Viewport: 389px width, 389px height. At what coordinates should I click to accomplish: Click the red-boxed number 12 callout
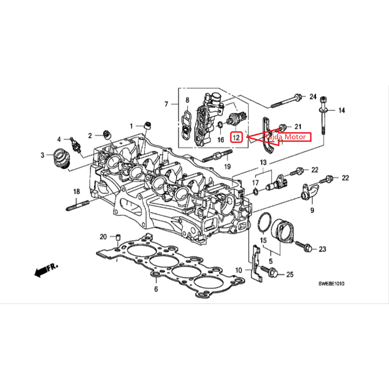236,137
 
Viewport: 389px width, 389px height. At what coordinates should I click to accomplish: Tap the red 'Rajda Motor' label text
285,137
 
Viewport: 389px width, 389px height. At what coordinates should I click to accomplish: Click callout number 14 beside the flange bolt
342,111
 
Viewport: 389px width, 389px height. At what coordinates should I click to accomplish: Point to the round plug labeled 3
61,158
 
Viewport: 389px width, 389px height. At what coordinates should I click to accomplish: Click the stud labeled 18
77,206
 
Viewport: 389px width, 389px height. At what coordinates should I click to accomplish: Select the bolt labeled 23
304,246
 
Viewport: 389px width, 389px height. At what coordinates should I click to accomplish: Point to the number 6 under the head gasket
156,289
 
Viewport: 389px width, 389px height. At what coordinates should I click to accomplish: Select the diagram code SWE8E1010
331,283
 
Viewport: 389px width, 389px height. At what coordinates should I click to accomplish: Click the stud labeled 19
218,155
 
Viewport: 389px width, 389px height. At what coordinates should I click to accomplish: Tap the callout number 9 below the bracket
312,210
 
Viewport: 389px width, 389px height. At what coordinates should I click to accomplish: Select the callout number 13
263,163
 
